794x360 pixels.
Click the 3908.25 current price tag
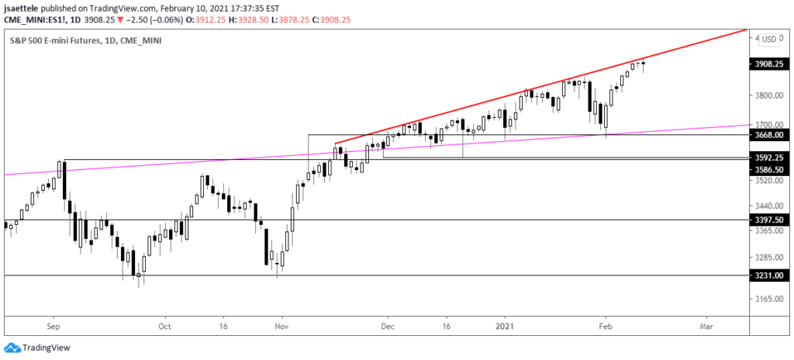pos(771,67)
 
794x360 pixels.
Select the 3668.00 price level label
pos(771,134)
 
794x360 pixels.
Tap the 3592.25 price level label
pos(771,157)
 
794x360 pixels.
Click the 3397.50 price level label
pos(771,220)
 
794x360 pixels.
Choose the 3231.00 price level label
pos(771,275)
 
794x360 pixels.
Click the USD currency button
pos(769,39)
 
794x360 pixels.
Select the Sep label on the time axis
pos(53,327)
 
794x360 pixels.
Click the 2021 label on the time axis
pos(505,327)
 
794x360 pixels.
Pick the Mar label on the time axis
pos(706,327)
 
